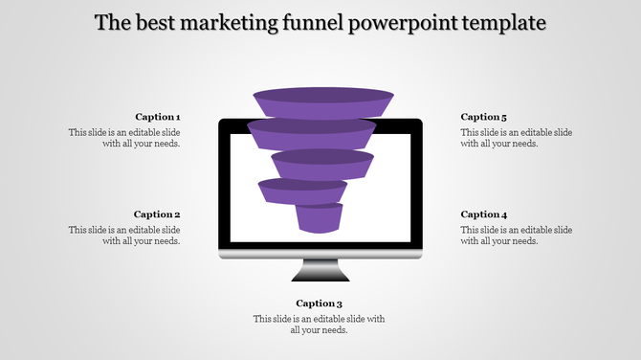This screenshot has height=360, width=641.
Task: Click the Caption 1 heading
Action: tap(157, 117)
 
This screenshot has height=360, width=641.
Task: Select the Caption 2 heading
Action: tap(157, 214)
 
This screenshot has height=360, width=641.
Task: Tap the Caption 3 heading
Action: tap(319, 304)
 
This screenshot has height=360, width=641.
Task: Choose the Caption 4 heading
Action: tap(484, 214)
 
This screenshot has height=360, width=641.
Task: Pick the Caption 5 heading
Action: tap(484, 117)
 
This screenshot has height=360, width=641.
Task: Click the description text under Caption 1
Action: tap(124, 138)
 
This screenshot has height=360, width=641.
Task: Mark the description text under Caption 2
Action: tap(124, 236)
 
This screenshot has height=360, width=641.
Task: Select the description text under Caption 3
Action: tap(319, 325)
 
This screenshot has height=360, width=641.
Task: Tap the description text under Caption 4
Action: tap(517, 236)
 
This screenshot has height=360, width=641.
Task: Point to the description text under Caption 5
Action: tap(517, 138)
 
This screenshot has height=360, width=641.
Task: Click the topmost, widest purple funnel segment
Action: tap(323, 101)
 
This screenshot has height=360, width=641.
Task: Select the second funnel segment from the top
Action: tap(312, 134)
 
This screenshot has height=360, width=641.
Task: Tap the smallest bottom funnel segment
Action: tap(319, 218)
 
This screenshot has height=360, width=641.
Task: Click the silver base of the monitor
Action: tap(320, 253)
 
